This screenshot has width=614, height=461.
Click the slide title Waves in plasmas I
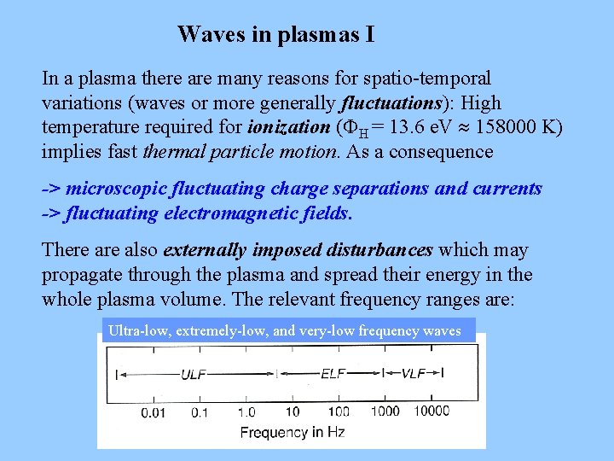275,35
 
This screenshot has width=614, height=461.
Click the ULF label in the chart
193,373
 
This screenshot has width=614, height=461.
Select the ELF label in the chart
333,373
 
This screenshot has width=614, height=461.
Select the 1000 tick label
385,411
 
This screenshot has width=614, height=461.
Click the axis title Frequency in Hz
292,432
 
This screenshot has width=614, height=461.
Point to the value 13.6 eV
423,128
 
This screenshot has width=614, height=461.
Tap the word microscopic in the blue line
119,189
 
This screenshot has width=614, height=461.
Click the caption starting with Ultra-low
285,330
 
